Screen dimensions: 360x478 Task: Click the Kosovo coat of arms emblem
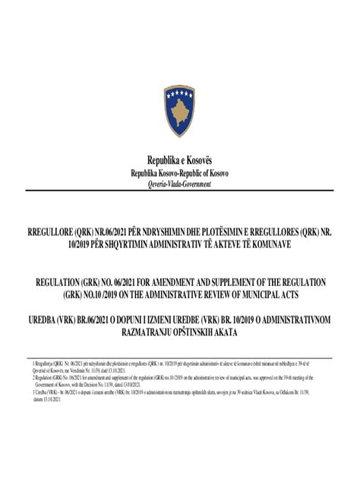[179, 112]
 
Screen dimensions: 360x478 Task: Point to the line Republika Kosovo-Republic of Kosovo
[179, 173]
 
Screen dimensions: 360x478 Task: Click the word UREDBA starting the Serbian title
[44, 320]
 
